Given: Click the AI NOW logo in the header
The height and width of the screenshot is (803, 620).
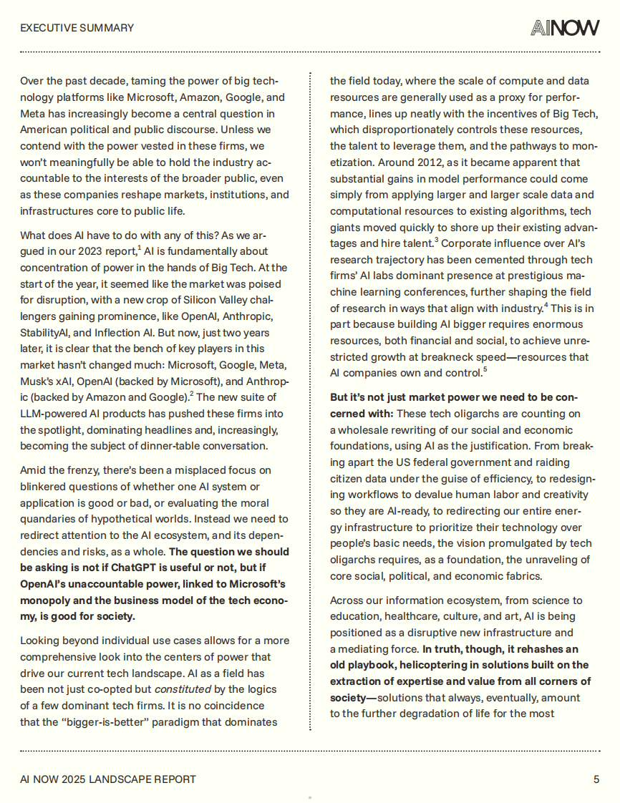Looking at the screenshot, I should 565,28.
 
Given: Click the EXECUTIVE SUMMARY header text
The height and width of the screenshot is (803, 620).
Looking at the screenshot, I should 77,28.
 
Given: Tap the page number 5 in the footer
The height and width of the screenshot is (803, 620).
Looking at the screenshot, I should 596,779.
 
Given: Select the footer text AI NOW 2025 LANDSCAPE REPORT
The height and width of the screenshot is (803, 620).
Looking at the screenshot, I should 107,779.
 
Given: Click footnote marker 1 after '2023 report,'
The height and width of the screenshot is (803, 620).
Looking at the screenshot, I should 139,248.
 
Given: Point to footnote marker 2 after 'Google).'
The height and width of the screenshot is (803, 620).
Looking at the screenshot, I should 193,393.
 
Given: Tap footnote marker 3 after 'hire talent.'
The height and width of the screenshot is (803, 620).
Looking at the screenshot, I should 436,239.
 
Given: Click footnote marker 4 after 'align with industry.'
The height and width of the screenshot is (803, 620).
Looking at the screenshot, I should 546,305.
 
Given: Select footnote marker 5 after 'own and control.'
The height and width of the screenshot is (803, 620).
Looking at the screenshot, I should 485,369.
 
